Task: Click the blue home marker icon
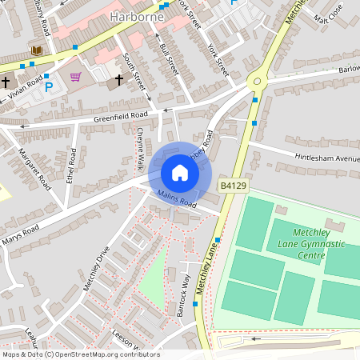coord(179,173)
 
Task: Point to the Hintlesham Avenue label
coord(326,158)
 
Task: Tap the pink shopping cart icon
coord(76,77)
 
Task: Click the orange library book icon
coord(36,51)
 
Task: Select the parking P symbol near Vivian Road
coord(48,86)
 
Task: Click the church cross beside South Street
coord(120,80)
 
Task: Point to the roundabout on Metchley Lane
coord(258,79)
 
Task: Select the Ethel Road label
coord(71,166)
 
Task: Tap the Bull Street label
coord(168,60)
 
